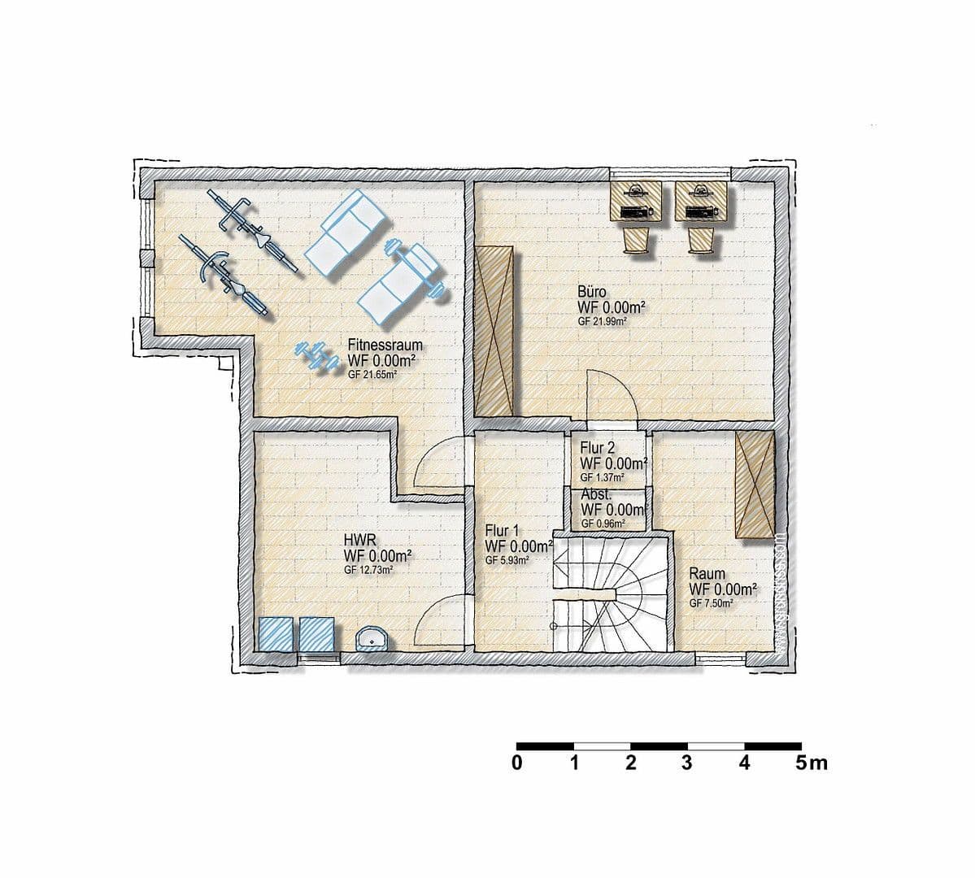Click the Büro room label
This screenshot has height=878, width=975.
tap(591, 291)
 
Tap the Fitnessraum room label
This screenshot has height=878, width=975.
tap(385, 345)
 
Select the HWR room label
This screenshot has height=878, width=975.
tap(359, 539)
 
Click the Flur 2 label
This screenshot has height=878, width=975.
tap(597, 447)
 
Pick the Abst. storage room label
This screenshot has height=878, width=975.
tap(596, 494)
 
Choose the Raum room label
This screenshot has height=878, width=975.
tap(707, 573)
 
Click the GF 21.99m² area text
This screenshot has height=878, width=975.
tap(602, 322)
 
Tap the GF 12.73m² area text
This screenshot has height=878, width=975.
tap(369, 571)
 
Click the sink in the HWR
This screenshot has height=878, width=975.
tap(372, 639)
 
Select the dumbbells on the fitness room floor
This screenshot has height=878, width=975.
tap(316, 356)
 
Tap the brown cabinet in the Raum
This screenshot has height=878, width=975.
tap(755, 485)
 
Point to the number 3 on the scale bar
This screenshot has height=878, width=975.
tap(686, 763)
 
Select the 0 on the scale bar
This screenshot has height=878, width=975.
tap(516, 763)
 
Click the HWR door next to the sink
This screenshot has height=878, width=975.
tap(444, 621)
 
